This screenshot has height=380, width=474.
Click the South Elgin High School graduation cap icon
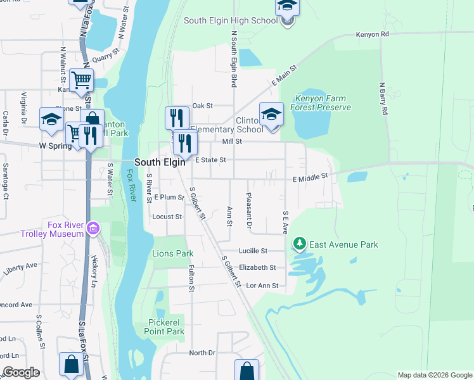287,7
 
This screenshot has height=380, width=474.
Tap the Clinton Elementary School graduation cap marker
271,115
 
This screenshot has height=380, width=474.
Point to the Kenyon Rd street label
372,34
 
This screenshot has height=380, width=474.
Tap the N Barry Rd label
383,98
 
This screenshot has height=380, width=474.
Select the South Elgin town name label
160,162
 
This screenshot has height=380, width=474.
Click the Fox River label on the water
131,185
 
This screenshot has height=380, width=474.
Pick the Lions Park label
172,253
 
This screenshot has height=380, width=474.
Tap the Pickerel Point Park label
163,327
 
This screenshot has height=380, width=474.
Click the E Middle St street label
311,179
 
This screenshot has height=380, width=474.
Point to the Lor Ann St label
262,286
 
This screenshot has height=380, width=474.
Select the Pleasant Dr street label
249,211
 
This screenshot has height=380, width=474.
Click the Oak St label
202,106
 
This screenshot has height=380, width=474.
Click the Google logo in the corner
21,372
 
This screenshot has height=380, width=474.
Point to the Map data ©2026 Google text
434,375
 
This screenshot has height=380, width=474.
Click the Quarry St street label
106,58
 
